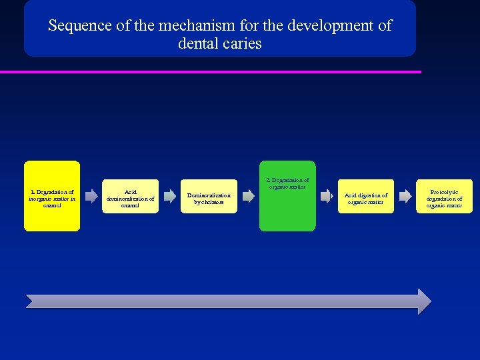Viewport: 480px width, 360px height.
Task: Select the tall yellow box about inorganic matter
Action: tap(52, 196)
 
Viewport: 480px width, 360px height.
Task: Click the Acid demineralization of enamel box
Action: tap(131, 197)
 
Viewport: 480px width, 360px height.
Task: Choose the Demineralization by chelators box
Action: tap(209, 197)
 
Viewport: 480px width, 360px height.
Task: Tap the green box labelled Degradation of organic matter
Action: tap(287, 196)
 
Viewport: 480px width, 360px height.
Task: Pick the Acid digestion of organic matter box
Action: tap(365, 197)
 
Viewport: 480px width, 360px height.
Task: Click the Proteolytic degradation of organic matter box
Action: tap(444, 197)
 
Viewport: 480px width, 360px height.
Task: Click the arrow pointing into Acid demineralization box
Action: tap(92, 197)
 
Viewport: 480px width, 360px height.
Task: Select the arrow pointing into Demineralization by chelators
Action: tap(170, 197)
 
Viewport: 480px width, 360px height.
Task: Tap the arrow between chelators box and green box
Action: tap(248, 197)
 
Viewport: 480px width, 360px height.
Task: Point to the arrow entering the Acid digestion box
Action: tap(327, 197)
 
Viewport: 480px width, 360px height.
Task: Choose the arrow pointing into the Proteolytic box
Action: tap(405, 197)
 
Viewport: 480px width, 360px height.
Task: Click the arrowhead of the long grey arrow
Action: tap(423, 301)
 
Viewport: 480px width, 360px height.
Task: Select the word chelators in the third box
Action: tap(209, 201)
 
